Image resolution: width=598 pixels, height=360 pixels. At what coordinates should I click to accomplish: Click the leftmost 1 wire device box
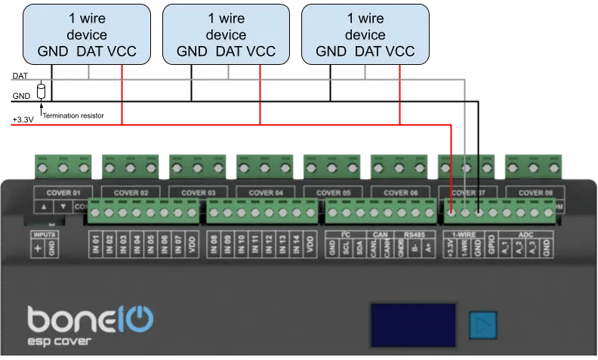[x=87, y=34]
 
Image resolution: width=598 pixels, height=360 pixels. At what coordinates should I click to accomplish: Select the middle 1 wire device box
[x=226, y=34]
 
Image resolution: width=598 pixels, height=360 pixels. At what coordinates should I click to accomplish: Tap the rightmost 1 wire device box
[x=365, y=34]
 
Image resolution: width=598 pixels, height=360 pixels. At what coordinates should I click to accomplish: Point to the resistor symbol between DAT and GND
[x=41, y=91]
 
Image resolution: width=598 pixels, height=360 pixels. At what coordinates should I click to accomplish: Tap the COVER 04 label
[x=263, y=192]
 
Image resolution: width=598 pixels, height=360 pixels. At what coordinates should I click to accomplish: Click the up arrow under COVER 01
[x=44, y=206]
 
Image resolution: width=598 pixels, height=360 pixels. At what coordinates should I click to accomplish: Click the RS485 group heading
[x=414, y=235]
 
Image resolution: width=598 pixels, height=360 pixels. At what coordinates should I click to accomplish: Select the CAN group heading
[x=381, y=235]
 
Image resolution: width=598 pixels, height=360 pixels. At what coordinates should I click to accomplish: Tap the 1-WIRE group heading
[x=464, y=235]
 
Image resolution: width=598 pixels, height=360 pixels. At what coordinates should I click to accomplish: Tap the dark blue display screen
[x=413, y=325]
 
